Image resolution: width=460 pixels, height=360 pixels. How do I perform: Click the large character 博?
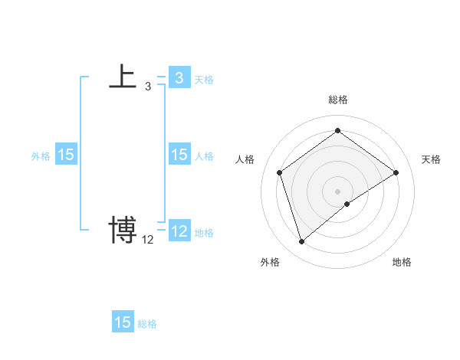123,229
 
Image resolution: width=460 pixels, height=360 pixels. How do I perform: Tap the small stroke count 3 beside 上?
148,87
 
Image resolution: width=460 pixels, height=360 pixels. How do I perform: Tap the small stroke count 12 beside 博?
148,240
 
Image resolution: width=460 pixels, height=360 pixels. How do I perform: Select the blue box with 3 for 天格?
179,77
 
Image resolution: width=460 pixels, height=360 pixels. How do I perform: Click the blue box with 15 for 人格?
179,155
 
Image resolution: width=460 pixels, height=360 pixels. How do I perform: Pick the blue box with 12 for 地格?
179,231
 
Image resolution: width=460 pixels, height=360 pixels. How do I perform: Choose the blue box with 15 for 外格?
66,155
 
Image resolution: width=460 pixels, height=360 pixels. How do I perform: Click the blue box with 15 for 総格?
123,322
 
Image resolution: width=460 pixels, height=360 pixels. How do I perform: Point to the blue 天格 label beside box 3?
204,79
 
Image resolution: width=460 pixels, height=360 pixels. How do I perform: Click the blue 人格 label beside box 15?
204,155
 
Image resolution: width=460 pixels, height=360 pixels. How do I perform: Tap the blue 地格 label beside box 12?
204,232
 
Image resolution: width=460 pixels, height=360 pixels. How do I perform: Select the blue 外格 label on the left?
41,155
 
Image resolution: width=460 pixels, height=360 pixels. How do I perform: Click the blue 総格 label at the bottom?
147,324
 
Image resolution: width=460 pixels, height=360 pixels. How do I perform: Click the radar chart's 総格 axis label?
338,100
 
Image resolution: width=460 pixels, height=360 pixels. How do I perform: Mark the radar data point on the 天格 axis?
396,172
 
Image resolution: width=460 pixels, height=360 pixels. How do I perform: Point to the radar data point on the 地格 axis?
347,204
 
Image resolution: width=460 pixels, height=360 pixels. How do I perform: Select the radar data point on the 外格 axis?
302,242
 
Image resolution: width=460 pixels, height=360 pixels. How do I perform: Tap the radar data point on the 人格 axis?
280,172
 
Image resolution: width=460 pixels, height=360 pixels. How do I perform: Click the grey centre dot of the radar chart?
338,191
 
